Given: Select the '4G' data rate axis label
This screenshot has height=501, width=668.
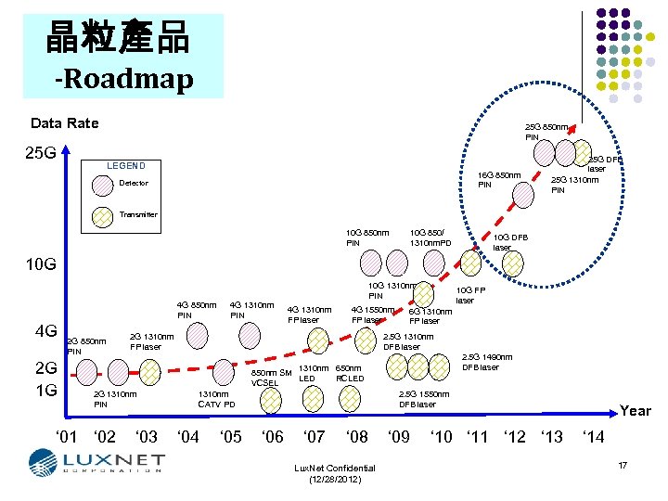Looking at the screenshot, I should (x=45, y=331).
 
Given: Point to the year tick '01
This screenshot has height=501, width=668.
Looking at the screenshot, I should (x=67, y=436).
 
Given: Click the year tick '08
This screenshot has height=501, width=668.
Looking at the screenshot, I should (x=355, y=436).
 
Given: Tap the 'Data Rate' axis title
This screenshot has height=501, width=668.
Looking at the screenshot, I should (x=65, y=123).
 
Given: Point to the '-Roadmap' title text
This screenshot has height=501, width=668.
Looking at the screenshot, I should (x=123, y=79).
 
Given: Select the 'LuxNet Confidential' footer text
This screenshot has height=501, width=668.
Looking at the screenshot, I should (x=334, y=469).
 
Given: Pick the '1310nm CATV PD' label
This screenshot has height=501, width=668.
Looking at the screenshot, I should (x=216, y=399).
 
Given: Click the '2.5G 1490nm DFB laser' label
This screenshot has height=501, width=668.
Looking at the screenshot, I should (x=487, y=362).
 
